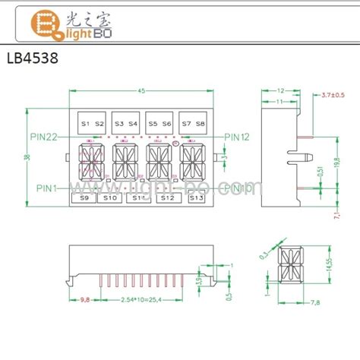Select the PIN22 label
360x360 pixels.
coord(44,137)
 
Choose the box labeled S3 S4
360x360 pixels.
coord(125,123)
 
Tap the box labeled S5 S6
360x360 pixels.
coord(159,123)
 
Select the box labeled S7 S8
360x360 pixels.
coord(194,123)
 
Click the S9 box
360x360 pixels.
coord(84,198)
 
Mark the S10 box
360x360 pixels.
coord(110,198)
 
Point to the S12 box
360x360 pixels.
coord(167,198)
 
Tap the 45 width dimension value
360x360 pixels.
coord(142,93)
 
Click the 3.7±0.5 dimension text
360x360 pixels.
coord(333,94)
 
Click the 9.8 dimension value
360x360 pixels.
coord(85,301)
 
